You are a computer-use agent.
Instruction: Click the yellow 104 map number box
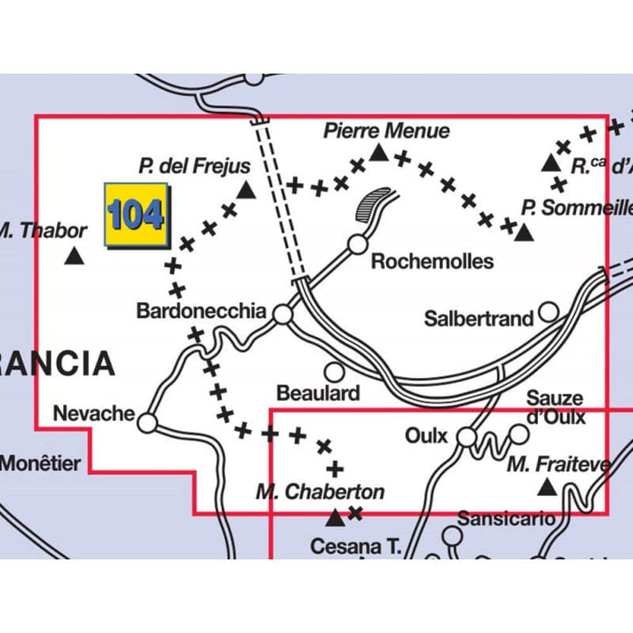tap(135, 215)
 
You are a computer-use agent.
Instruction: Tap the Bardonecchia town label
tap(201, 310)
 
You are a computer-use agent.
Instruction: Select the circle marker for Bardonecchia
tap(282, 313)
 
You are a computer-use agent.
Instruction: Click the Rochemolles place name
tap(432, 261)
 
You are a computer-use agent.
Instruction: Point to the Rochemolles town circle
tap(357, 244)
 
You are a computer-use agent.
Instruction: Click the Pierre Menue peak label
tap(387, 131)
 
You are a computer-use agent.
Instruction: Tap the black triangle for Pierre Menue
tap(378, 153)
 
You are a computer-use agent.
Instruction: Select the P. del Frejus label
tap(194, 165)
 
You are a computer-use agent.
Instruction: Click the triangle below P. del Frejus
tap(247, 189)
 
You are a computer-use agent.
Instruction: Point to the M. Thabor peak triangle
tap(75, 257)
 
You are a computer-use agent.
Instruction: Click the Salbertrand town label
tap(478, 318)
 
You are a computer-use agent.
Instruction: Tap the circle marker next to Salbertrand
tap(549, 310)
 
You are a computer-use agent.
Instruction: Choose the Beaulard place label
tap(317, 393)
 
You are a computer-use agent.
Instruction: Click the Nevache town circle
tap(148, 424)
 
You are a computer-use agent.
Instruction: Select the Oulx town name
tap(426, 436)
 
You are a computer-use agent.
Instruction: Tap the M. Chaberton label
tap(320, 491)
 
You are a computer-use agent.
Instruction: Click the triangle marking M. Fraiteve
tap(547, 486)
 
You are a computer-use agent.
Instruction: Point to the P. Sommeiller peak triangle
tap(524, 232)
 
